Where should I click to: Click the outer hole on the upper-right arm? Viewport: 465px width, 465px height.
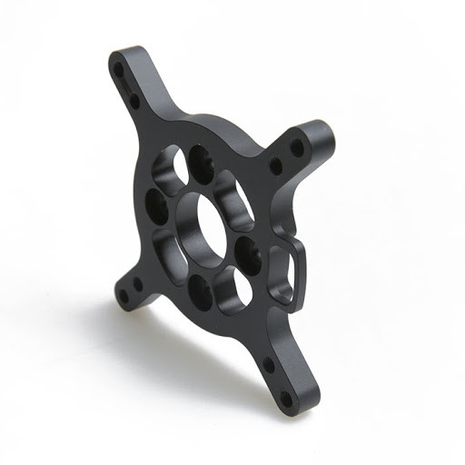[297, 145]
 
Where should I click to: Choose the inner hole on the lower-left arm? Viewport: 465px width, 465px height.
[138, 283]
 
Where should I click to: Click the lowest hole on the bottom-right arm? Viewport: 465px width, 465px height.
[286, 398]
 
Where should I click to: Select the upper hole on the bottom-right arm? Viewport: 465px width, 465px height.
[269, 366]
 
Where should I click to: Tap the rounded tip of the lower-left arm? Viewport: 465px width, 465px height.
[114, 300]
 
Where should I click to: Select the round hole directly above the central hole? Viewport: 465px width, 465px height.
[198, 163]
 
